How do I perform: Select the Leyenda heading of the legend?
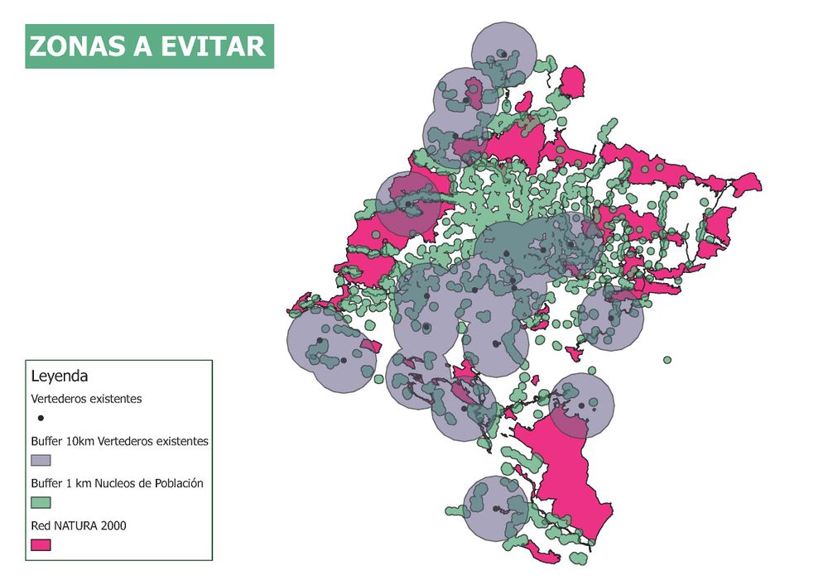[x=60, y=376]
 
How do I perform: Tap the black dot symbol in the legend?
[x=41, y=419]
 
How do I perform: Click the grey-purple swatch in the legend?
[x=41, y=460]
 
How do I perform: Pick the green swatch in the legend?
[x=41, y=502]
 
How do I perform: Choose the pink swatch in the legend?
[x=41, y=544]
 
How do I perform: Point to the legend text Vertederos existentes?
[x=86, y=399]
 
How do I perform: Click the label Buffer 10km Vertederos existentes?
[x=119, y=441]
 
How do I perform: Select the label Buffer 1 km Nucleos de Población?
[x=117, y=483]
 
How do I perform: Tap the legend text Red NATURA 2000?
[x=79, y=525]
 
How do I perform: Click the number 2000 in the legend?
[x=112, y=525]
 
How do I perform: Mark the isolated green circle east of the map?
[x=667, y=360]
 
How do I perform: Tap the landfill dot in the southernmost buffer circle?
[x=495, y=509]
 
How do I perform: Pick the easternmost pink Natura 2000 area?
[x=745, y=184]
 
